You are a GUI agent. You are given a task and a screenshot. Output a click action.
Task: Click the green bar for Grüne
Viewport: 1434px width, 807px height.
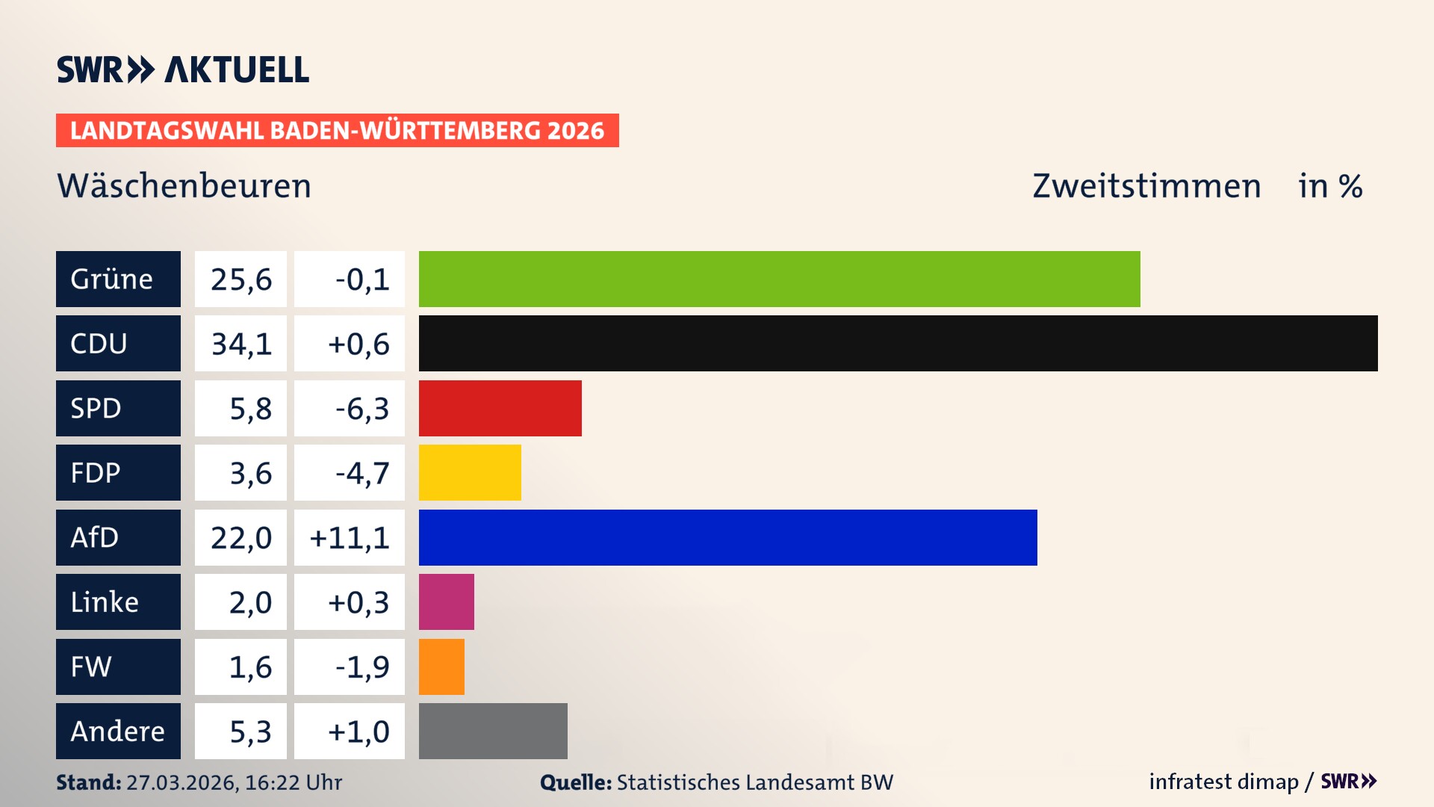point(779,279)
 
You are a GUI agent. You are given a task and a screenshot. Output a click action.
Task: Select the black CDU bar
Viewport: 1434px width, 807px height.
point(898,343)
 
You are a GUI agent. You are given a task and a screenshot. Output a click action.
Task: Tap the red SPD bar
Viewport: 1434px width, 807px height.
point(500,408)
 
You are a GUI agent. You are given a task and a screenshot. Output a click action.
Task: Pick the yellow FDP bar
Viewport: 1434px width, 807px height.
point(470,472)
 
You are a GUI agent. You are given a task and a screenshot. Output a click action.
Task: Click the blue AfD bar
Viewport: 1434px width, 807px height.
point(727,537)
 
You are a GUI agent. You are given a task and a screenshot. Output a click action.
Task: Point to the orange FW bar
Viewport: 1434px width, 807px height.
point(441,667)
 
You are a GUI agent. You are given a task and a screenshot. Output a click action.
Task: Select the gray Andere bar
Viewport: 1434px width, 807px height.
point(493,731)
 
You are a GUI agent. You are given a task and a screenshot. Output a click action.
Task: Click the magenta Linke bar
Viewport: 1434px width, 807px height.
point(446,602)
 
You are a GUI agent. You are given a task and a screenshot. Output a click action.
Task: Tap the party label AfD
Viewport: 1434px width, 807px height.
point(118,537)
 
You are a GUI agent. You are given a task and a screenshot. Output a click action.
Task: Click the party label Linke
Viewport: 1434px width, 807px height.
point(118,602)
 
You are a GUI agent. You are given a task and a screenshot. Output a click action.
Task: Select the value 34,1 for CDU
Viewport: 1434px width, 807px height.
point(240,344)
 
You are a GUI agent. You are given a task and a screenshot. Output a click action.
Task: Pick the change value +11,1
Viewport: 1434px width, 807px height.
point(350,537)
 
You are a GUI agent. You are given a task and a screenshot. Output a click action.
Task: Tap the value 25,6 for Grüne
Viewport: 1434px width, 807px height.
point(240,279)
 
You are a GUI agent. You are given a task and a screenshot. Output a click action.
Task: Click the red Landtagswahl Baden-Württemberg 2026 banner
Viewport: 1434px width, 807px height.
point(337,131)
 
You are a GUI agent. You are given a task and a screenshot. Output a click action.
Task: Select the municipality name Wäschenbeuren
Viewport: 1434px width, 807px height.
point(184,186)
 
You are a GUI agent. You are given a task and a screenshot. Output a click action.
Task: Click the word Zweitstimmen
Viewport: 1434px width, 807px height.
point(1146,186)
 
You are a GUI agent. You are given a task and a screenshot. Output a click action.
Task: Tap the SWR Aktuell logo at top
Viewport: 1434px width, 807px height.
point(183,69)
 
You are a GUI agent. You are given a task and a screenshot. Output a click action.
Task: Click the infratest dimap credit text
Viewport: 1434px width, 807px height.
point(1223,782)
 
